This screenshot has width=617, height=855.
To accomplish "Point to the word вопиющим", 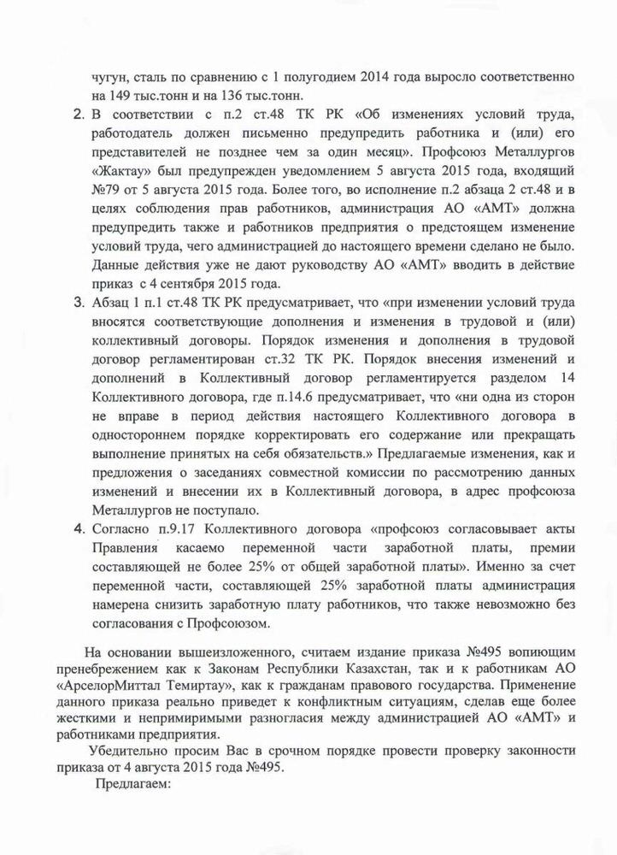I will click(525, 651).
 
